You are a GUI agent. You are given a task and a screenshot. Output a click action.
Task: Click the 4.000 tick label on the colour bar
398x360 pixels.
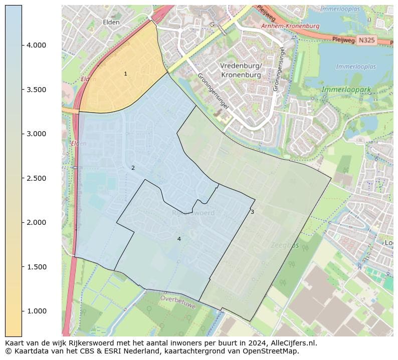click(x=37, y=45)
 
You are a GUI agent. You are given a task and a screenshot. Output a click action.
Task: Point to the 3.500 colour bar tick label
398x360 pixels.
click(x=37, y=90)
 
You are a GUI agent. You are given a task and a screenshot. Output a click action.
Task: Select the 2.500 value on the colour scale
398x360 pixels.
click(x=37, y=178)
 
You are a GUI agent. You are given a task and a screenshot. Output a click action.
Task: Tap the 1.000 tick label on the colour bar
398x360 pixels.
click(x=37, y=311)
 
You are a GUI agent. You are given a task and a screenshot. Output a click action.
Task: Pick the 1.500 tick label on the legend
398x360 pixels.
click(x=37, y=267)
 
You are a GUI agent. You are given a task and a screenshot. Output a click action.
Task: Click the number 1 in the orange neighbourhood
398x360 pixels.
click(x=125, y=74)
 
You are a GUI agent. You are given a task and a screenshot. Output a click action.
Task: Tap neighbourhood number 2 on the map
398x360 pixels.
click(x=133, y=168)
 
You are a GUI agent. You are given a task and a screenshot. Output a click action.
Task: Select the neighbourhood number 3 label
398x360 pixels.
click(x=252, y=212)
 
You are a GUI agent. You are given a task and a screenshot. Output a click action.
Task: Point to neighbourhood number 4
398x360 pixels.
click(x=178, y=239)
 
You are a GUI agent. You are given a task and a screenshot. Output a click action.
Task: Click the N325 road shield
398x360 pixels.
click(x=367, y=40)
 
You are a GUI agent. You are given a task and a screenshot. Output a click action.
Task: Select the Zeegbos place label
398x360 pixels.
click(x=284, y=246)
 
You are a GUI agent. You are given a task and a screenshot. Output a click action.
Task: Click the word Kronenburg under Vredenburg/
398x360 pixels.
click(x=241, y=75)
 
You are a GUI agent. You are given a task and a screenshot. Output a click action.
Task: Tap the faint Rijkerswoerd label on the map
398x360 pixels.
click(x=193, y=213)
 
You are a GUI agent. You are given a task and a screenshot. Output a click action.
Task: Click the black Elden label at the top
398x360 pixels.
click(x=111, y=22)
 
